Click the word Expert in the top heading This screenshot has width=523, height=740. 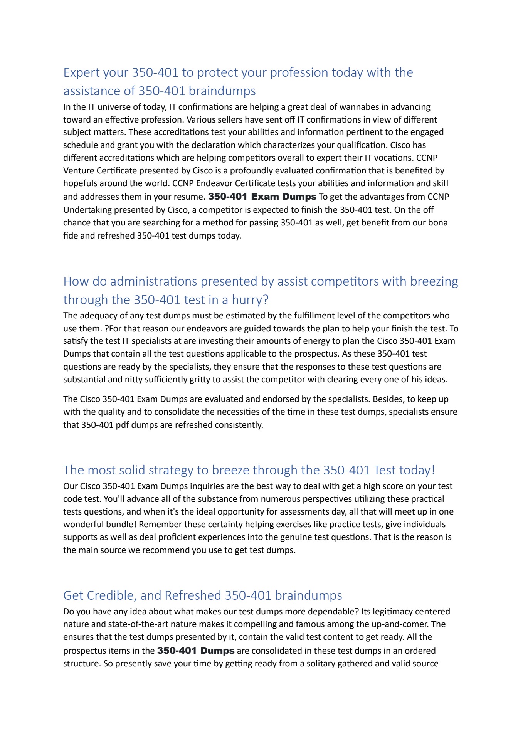click(81, 73)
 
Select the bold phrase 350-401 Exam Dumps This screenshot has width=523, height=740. click(262, 197)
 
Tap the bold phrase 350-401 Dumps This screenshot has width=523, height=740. click(196, 651)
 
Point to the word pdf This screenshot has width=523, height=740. click(122, 425)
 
